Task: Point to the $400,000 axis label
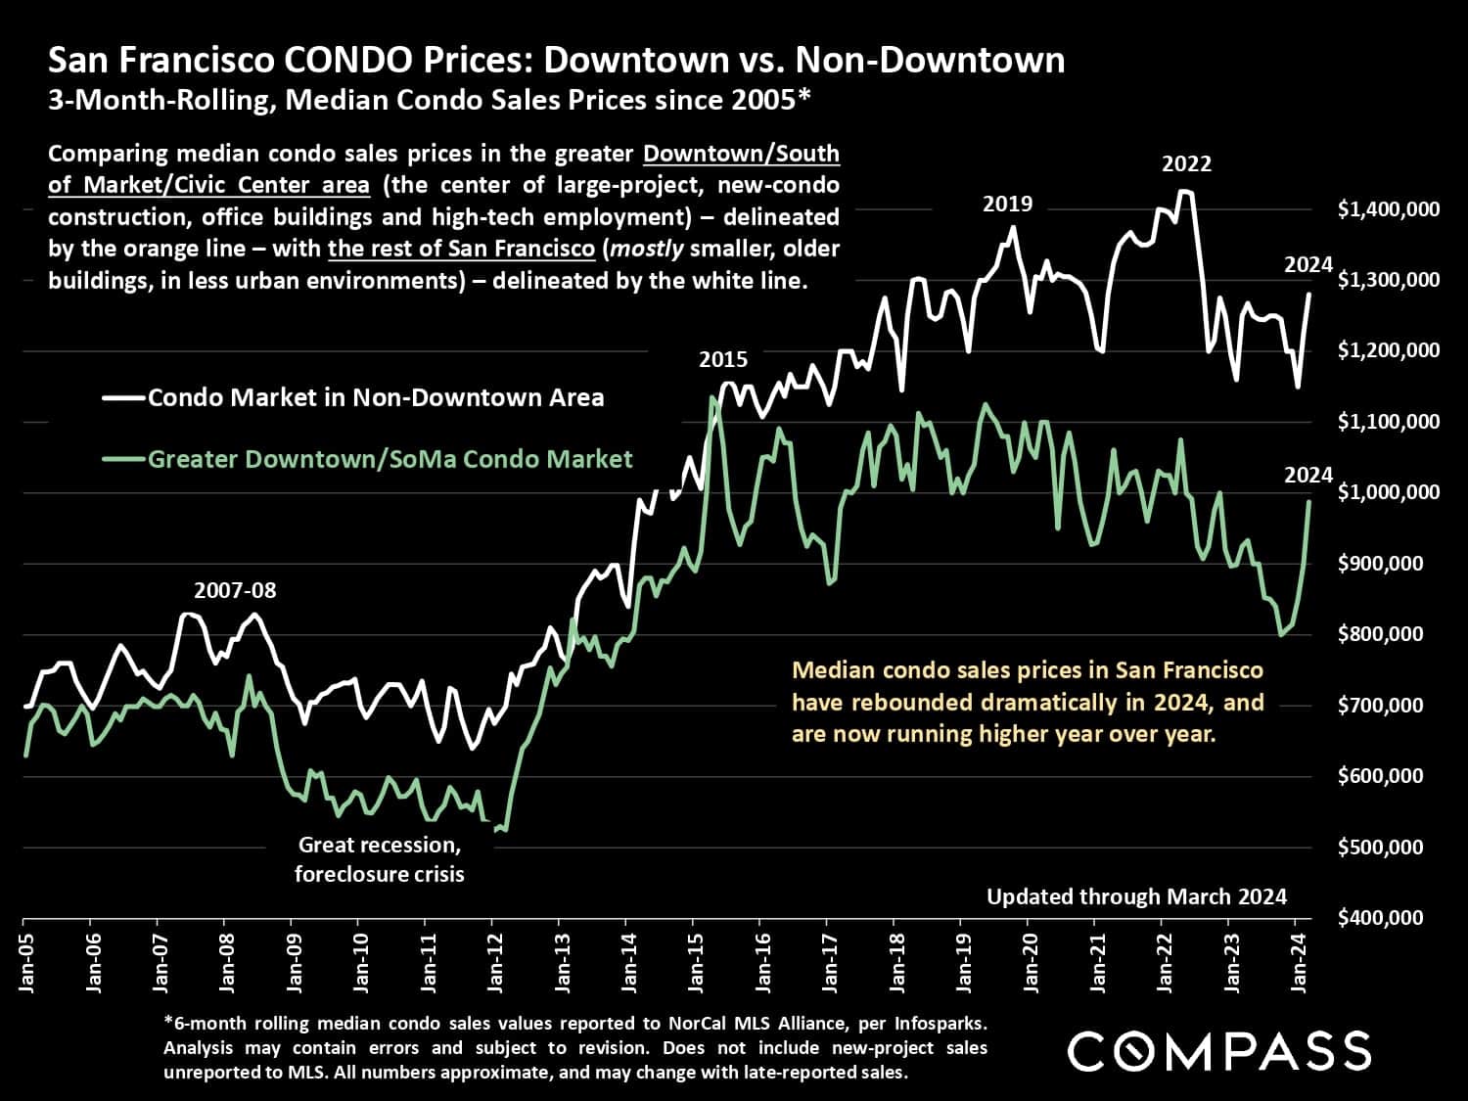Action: pos(1380,918)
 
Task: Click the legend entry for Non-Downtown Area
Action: pos(376,397)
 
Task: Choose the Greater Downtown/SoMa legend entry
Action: pos(390,459)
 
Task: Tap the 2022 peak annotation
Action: pos(1186,164)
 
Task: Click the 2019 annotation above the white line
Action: pos(1007,205)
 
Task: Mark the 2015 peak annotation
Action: pos(723,360)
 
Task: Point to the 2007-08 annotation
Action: pos(235,591)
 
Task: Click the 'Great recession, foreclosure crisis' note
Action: pos(380,859)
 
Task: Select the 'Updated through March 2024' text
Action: pos(1136,896)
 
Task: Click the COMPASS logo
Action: pos(1218,1051)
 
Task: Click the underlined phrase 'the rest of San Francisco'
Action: pos(461,249)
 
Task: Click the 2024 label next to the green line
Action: pos(1308,476)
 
